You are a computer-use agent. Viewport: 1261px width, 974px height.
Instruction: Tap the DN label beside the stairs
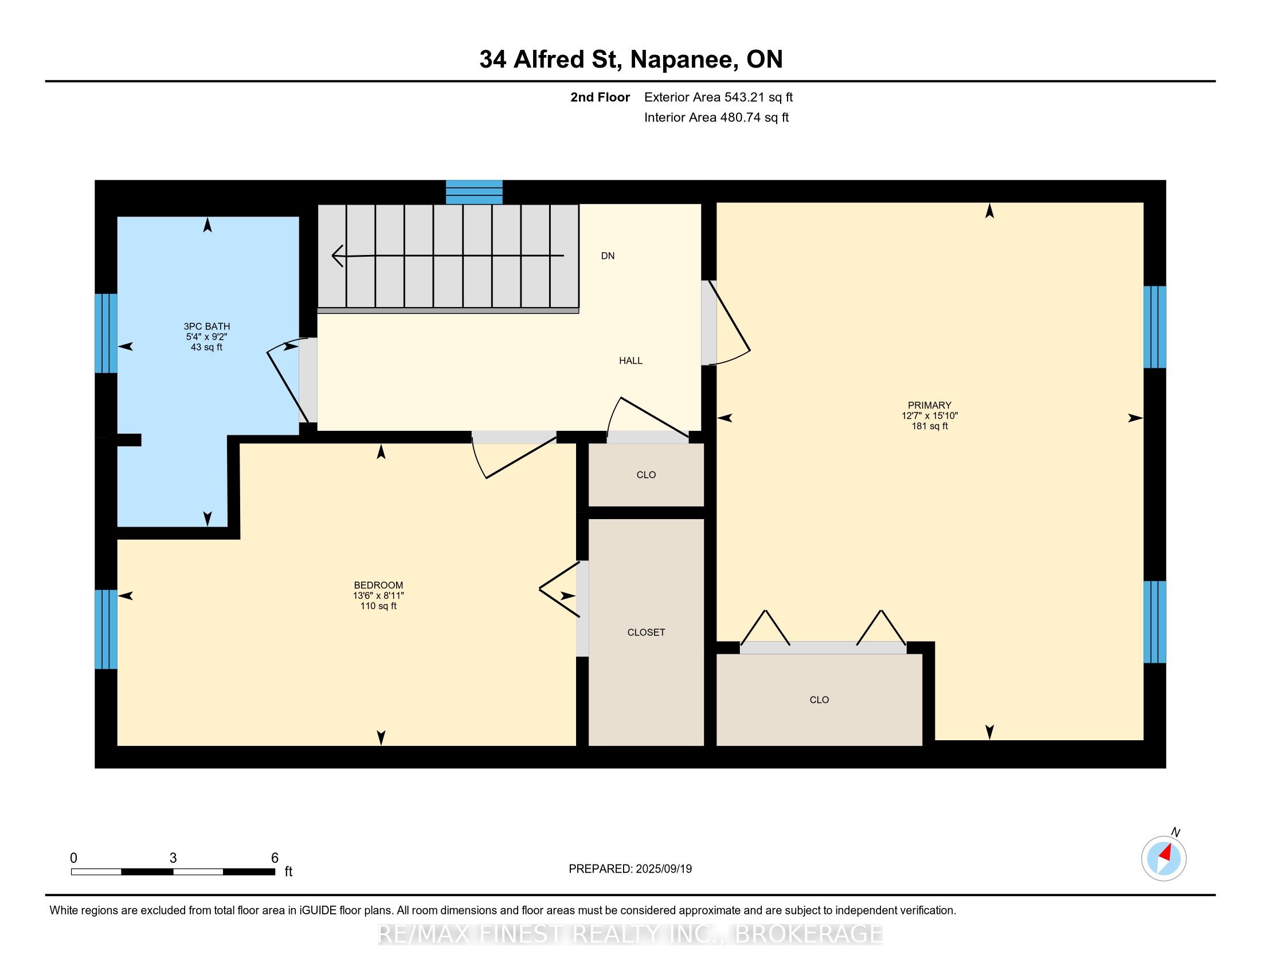point(608,256)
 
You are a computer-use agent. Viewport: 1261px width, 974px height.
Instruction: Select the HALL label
point(631,360)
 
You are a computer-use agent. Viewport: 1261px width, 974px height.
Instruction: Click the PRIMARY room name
point(929,405)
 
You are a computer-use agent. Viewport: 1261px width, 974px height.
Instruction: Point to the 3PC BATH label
point(207,327)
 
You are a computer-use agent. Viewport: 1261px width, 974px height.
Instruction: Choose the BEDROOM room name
point(378,585)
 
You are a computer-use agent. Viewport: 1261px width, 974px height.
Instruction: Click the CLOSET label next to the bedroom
point(646,633)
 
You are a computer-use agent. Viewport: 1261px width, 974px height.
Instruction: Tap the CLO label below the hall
point(646,475)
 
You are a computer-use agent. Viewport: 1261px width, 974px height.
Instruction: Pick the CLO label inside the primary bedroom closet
point(819,700)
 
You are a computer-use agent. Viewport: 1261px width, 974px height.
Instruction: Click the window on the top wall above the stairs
point(474,192)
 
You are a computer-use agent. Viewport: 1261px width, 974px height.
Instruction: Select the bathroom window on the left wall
point(106,333)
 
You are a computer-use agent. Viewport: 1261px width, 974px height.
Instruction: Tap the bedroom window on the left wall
point(106,629)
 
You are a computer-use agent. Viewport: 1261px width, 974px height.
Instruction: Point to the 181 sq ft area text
point(929,426)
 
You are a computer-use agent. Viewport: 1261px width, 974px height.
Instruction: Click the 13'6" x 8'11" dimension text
point(378,595)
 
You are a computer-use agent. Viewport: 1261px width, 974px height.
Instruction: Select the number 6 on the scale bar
point(275,858)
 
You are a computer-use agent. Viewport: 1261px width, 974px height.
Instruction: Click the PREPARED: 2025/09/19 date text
point(630,869)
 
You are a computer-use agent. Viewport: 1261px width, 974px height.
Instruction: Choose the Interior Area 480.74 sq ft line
point(716,117)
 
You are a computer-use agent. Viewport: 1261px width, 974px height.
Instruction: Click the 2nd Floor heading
point(600,97)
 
